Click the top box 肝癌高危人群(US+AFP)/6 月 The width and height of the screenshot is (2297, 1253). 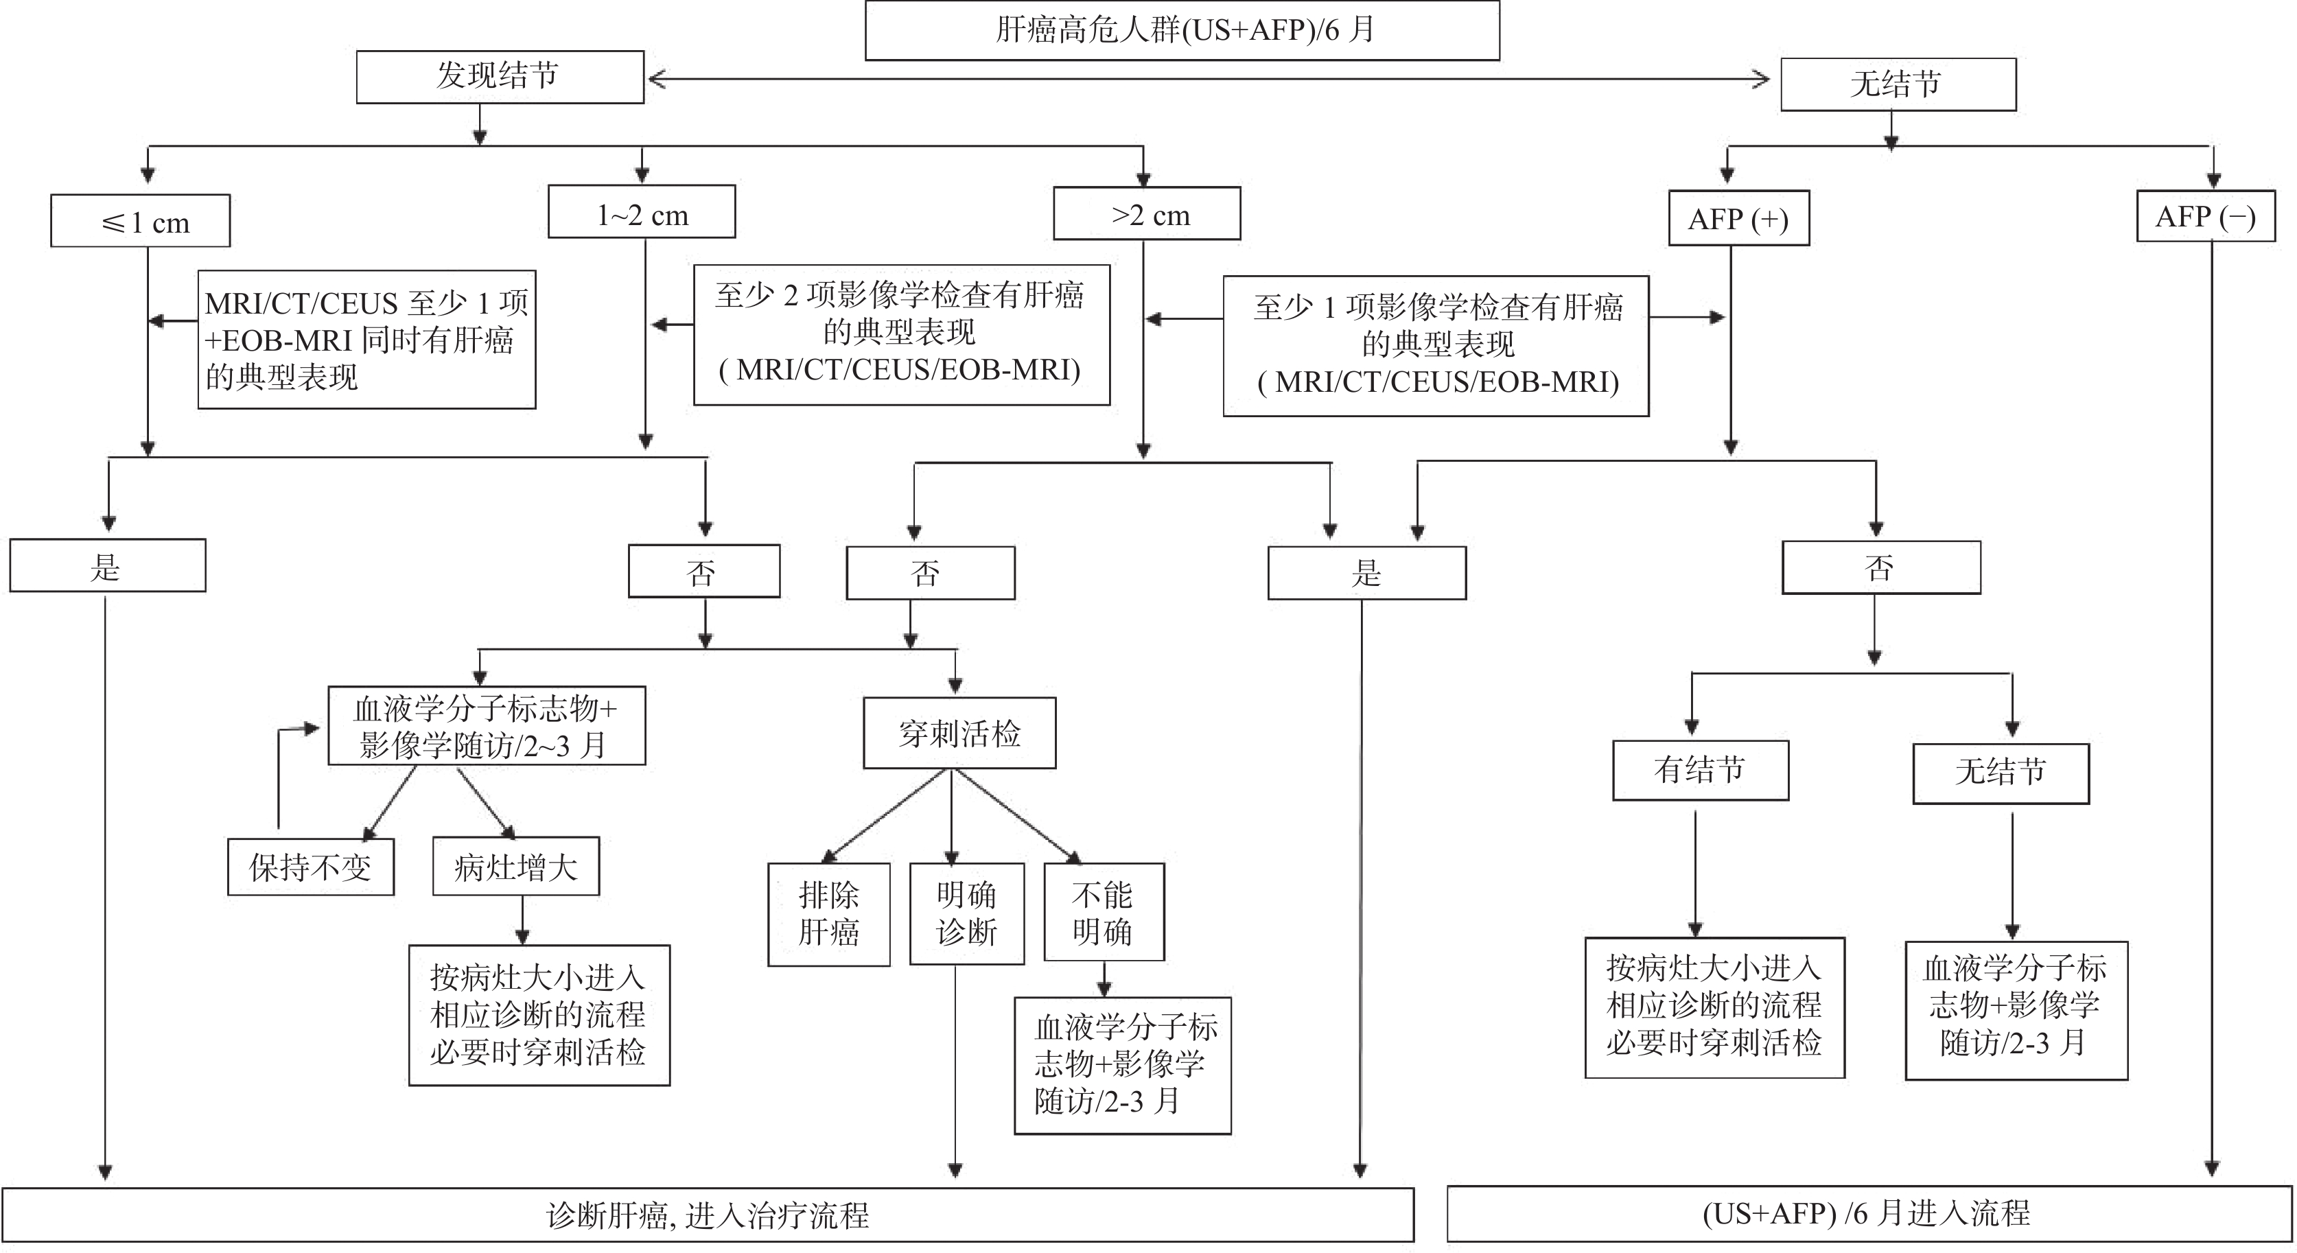pos(1182,30)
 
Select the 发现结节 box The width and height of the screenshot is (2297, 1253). pos(500,77)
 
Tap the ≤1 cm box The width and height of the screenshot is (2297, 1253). pos(140,221)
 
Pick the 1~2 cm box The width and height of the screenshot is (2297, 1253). pos(641,212)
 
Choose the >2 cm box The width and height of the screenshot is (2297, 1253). pos(1147,214)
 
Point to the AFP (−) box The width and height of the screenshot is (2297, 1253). pos(2205,217)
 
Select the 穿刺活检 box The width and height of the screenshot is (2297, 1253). pos(959,733)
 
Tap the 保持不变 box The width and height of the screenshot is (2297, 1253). pos(310,866)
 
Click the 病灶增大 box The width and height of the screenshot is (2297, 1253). pos(515,866)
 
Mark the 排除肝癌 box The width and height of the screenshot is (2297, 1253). pos(828,913)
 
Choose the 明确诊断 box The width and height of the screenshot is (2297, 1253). pos(966,913)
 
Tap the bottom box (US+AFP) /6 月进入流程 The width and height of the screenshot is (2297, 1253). pos(1868,1214)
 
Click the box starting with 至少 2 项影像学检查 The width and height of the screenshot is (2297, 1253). pos(902,333)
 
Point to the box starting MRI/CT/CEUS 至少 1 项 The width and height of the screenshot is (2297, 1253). pos(366,340)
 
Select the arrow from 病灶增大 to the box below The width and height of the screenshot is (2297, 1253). pos(522,920)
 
